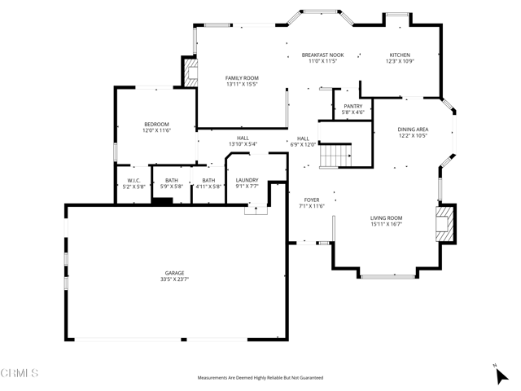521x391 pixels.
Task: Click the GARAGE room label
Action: [174, 273]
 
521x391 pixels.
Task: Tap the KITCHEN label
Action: [399, 55]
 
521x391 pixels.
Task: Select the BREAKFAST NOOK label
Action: [323, 55]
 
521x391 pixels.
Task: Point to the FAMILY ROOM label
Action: [242, 77]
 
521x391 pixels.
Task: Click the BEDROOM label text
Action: [155, 124]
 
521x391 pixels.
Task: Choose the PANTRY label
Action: [353, 106]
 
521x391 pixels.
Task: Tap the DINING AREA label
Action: [413, 130]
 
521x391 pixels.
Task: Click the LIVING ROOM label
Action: [387, 218]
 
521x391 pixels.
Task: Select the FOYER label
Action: [312, 200]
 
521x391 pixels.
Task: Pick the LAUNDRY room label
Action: [247, 180]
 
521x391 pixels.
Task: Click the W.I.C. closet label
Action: [133, 180]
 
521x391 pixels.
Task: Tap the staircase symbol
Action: [335, 154]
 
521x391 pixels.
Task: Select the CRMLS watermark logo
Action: [20, 374]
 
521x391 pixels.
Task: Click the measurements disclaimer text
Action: [260, 378]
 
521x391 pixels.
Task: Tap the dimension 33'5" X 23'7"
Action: [174, 279]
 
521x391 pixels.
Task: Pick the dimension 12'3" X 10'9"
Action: [399, 61]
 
